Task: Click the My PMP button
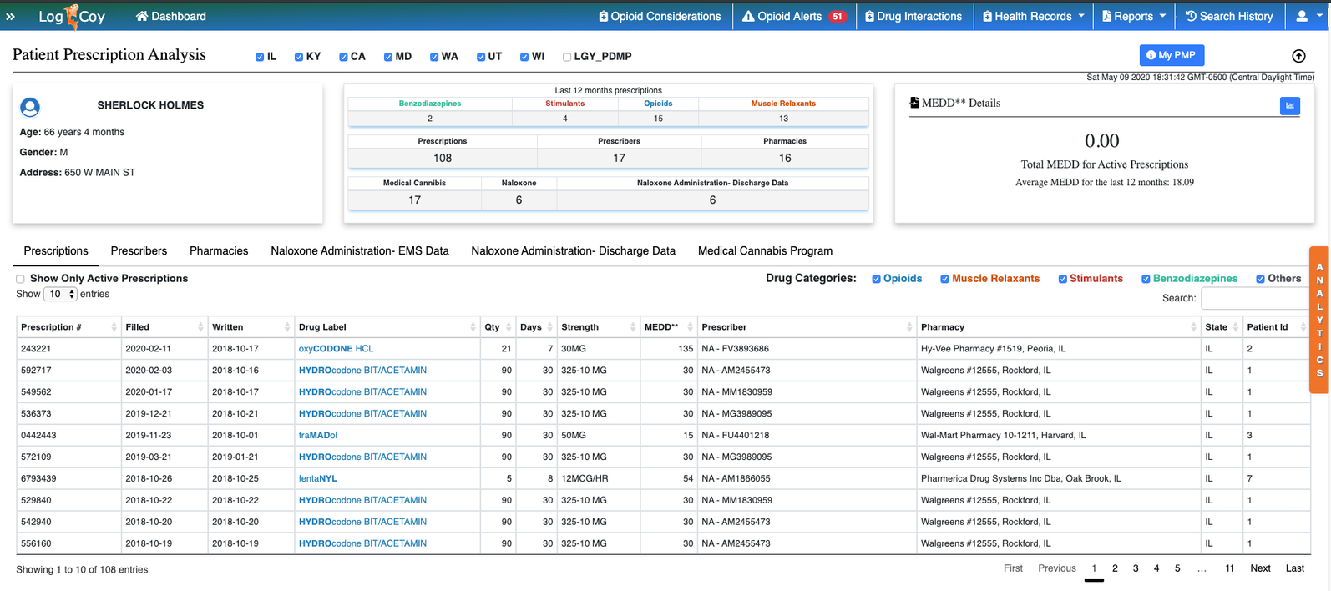pos(1171,55)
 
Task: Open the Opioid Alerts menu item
pos(794,16)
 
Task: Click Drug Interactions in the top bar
pos(913,16)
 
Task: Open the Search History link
pos(1229,16)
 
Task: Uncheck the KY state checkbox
pos(299,57)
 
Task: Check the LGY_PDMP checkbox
pos(567,57)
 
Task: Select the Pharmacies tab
pos(219,250)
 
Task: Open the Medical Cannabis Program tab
pos(765,250)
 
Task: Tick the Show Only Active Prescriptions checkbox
pos(20,279)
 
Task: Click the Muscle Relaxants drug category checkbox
pos(944,279)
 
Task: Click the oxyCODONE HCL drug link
pos(336,348)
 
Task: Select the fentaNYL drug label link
pos(317,478)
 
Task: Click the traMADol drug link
pos(317,435)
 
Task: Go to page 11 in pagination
pos(1229,568)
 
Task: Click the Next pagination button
pos(1260,568)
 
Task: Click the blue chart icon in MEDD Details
pos(1289,105)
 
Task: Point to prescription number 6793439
pos(38,478)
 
